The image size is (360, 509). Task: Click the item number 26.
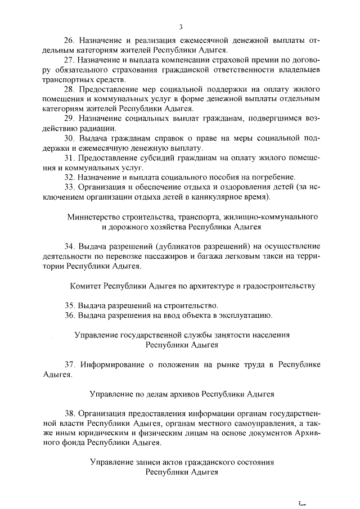click(x=69, y=40)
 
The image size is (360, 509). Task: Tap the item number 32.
click(x=69, y=177)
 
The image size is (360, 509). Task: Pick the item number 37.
click(x=69, y=364)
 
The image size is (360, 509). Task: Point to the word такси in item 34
click(x=265, y=256)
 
